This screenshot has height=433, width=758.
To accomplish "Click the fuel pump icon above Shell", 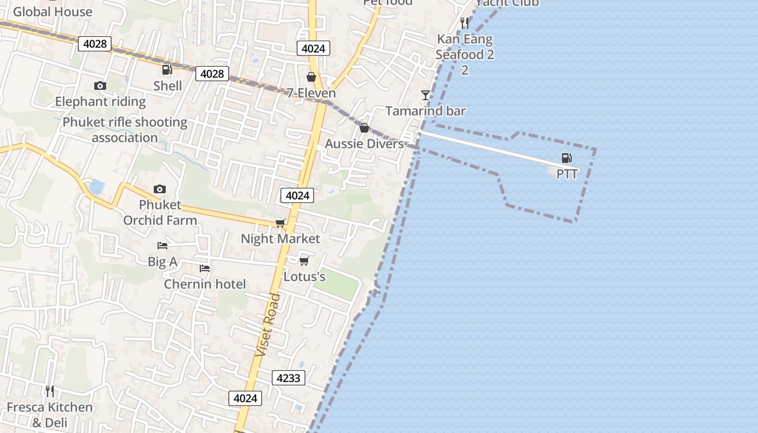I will (x=167, y=69).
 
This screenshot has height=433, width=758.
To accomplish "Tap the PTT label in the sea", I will (x=567, y=174).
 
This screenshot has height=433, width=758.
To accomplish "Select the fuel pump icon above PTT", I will (x=566, y=158).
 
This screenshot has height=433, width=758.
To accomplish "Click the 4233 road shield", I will (x=288, y=378).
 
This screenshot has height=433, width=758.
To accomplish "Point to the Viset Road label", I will (x=268, y=325).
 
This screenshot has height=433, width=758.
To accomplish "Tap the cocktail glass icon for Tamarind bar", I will (x=426, y=95).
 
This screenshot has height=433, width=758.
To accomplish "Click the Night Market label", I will (x=280, y=239).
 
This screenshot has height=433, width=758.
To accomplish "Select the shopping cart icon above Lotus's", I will (x=304, y=261).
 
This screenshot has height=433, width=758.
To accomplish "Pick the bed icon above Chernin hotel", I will (x=204, y=268).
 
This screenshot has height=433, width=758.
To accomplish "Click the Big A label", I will (x=162, y=262).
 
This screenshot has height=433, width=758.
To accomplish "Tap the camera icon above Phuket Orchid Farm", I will (x=159, y=189).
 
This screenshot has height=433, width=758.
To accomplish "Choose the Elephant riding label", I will (x=100, y=102).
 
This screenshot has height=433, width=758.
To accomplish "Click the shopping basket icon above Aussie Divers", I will (x=364, y=128).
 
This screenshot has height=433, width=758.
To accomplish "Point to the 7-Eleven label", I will (x=311, y=93).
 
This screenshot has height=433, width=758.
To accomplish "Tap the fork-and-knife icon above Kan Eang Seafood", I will (x=464, y=23).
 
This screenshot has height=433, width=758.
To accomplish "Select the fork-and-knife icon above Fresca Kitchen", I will (x=49, y=391).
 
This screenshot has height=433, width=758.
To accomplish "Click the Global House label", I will (x=53, y=11).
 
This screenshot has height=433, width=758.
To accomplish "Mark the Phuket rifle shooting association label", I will (x=125, y=130).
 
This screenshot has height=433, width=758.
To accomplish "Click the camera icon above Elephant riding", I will (x=100, y=86).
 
